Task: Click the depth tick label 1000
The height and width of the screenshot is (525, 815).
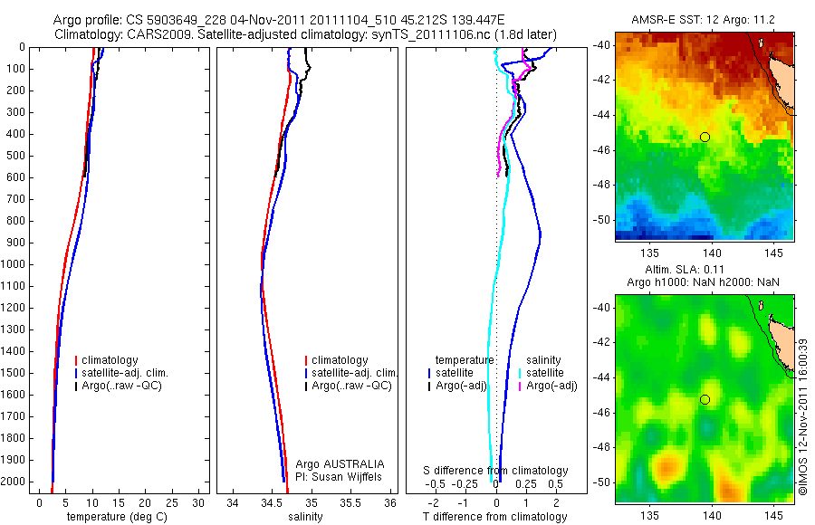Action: click(14, 264)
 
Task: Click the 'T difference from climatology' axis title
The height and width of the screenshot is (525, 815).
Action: click(494, 517)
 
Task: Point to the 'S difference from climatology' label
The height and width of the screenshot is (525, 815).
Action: click(495, 471)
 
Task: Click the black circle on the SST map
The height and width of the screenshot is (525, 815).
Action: click(705, 137)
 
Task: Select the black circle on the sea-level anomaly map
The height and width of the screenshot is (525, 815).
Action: click(705, 399)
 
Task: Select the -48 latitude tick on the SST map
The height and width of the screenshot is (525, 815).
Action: click(601, 185)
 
